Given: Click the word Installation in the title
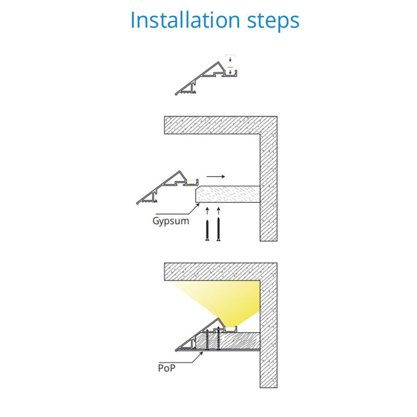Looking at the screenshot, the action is [186, 20].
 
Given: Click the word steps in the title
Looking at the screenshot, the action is [273, 22].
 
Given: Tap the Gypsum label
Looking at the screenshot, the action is [171, 221].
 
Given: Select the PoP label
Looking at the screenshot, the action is [167, 368].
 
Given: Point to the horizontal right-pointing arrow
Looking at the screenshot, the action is [216, 176].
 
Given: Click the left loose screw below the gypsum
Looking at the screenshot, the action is [207, 230].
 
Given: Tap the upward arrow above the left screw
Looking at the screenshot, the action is [207, 211].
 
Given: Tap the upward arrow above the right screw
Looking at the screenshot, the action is [218, 211].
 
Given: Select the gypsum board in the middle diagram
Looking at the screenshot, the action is [228, 194].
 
